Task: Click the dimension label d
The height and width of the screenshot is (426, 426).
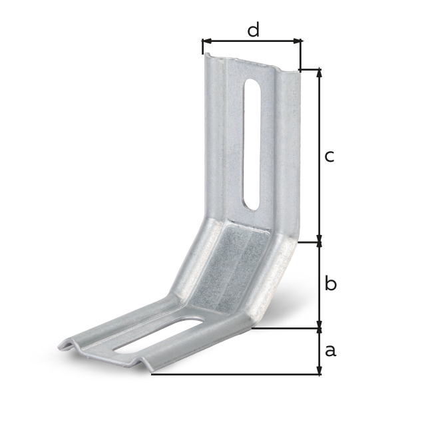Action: [253, 30]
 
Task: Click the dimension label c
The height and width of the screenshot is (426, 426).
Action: [329, 156]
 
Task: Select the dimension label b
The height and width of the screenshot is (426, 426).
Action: [330, 284]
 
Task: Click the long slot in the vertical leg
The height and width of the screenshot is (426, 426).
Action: [252, 143]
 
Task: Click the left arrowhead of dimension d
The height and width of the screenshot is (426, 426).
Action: [205, 41]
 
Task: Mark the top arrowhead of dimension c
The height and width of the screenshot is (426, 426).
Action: [319, 73]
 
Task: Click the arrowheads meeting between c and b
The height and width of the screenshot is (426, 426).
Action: [319, 242]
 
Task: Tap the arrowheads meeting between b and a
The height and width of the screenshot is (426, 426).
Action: [319, 328]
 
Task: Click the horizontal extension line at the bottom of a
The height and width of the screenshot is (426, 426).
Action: [233, 374]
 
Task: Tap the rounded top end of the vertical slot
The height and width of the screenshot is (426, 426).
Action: [252, 85]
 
